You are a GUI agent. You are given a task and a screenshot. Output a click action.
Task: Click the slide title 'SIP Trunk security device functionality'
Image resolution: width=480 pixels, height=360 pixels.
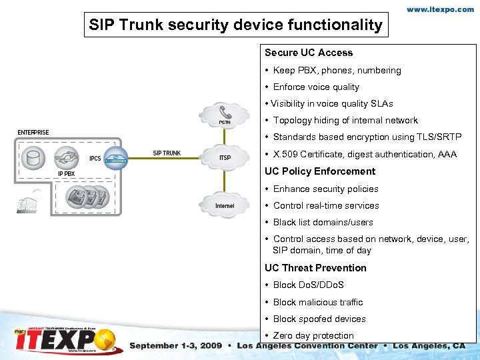click(237, 25)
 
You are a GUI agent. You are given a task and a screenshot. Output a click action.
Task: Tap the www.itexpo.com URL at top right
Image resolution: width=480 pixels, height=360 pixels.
click(441, 10)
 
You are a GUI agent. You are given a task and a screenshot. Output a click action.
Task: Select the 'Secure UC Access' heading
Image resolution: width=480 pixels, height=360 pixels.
click(309, 53)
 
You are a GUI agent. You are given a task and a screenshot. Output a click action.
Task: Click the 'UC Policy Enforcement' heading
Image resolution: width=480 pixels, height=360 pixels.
click(320, 171)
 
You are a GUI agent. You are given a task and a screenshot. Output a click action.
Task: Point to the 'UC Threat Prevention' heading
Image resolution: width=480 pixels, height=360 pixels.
click(315, 268)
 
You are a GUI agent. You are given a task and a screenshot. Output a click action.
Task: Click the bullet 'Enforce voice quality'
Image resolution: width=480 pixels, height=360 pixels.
click(316, 87)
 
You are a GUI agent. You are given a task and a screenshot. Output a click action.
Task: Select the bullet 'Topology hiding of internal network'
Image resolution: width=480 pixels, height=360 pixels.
click(345, 120)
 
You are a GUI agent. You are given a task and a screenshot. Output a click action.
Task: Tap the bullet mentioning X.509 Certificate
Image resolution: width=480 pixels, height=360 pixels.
click(365, 154)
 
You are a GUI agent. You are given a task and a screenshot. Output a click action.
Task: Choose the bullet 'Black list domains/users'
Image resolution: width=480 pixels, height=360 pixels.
click(323, 222)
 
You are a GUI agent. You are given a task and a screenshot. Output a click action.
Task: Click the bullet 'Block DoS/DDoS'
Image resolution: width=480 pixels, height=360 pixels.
click(308, 285)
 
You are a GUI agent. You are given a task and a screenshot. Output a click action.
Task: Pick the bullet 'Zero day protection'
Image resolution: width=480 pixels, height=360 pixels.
click(313, 335)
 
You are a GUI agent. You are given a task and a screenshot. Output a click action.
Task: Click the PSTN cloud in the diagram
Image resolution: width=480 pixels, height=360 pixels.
click(225, 115)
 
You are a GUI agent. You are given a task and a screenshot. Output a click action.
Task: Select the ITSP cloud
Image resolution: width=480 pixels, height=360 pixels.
click(225, 157)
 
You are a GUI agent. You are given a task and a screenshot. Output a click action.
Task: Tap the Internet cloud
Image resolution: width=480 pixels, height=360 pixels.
click(225, 204)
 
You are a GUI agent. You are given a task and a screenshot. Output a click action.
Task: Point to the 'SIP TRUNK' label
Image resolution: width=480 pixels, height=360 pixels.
click(167, 153)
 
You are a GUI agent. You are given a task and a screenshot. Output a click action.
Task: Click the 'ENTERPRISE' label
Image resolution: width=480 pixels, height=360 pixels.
click(33, 133)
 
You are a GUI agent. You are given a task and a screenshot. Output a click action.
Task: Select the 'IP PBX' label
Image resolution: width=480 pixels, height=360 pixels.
click(67, 174)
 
